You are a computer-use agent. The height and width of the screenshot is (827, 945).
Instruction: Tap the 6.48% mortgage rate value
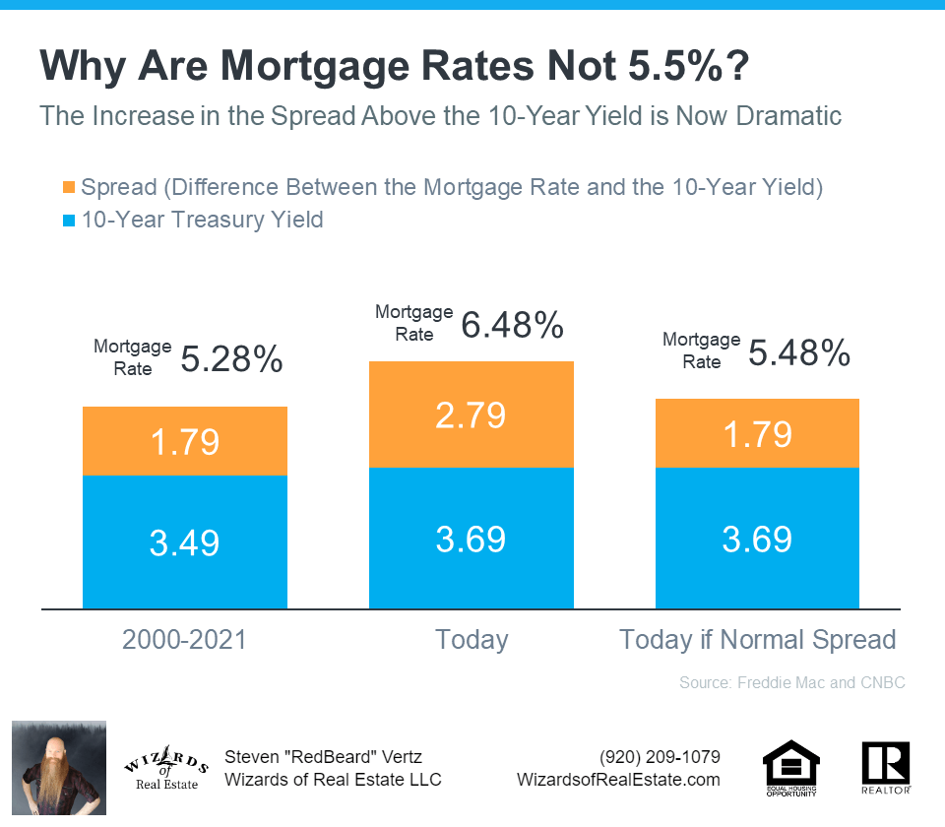[x=512, y=324]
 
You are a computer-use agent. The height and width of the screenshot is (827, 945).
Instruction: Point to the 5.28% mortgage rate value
[x=231, y=359]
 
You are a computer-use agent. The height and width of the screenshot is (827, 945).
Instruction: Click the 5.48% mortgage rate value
[x=799, y=351]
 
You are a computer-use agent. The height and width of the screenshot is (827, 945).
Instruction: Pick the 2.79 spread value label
[x=472, y=414]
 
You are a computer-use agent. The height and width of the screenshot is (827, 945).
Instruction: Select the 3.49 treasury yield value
[x=185, y=542]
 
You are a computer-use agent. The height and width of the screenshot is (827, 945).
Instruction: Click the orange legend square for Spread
[x=68, y=187]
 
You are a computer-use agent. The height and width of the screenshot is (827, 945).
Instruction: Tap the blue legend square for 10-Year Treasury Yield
[x=68, y=219]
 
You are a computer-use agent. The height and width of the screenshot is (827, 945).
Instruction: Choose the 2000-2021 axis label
[x=185, y=640]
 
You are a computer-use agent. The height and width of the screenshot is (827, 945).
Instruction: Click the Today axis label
[x=472, y=640]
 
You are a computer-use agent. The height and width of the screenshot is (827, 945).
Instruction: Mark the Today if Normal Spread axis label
[x=757, y=640]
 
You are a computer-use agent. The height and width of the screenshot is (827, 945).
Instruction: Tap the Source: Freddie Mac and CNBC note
[x=791, y=682]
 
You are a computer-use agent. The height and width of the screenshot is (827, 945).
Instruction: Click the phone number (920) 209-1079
[x=660, y=757]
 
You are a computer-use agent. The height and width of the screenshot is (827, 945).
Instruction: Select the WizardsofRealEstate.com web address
[x=618, y=780]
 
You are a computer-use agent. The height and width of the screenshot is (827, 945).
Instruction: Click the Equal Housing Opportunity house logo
[x=791, y=766]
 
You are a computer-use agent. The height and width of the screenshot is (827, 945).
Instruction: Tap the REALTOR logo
[x=885, y=767]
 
